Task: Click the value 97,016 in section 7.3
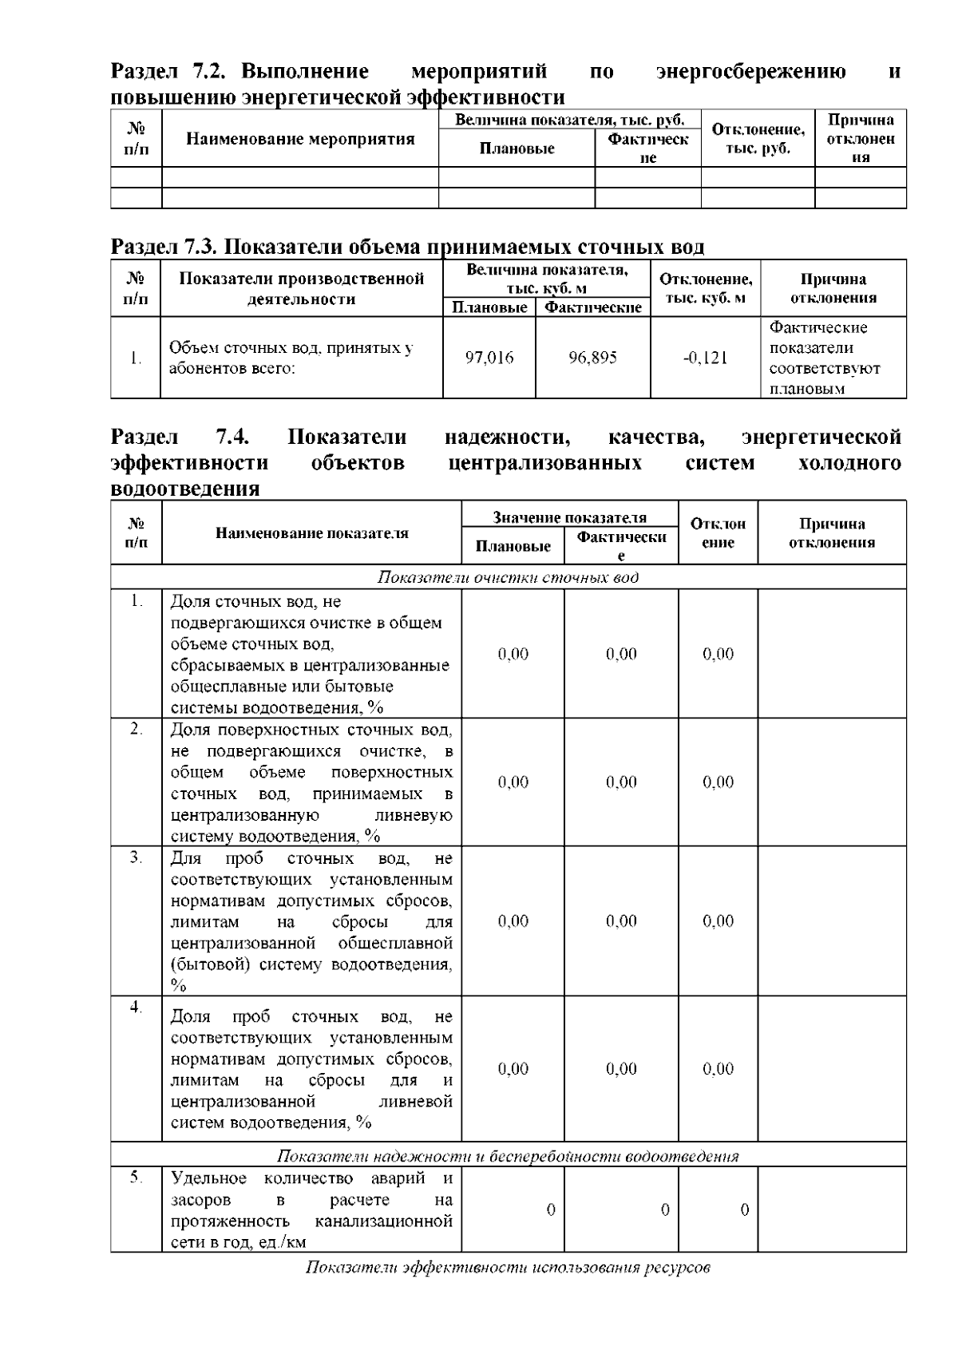pos(489,358)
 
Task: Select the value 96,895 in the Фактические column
pos(592,358)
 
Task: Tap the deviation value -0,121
pos(705,358)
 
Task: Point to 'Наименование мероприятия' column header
pos(300,139)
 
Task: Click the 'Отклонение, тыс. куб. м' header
pos(705,288)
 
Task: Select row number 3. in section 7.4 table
pos(137,857)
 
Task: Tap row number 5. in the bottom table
pos(137,1177)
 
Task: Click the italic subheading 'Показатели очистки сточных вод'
pos(508,577)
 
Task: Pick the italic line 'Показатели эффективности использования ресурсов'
pos(508,1268)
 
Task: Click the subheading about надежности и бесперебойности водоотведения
pos(508,1156)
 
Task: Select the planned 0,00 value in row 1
pos(513,654)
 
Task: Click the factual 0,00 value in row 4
pos(621,1069)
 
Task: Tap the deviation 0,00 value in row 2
pos(718,782)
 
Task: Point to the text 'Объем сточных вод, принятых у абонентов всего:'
pos(291,358)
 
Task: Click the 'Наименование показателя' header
pos(311,533)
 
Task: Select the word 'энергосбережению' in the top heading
pos(750,72)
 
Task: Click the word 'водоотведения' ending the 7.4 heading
pos(185,489)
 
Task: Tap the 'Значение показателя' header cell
pos(569,517)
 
